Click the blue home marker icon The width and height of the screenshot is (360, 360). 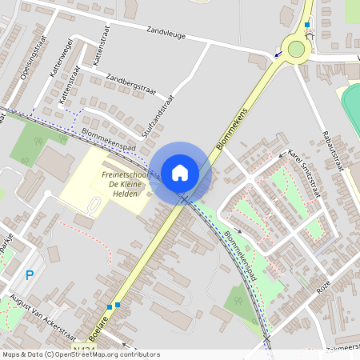pyautogui.click(x=180, y=172)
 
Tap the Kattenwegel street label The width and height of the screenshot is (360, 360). pyautogui.click(x=62, y=60)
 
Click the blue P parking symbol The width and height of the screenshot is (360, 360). pyautogui.click(x=30, y=275)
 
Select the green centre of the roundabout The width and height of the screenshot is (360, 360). pyautogui.click(x=297, y=50)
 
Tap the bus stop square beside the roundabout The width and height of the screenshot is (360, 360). pyautogui.click(x=307, y=26)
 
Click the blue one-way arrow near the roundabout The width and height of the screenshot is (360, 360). pyautogui.click(x=278, y=55)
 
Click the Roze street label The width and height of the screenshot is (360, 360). pyautogui.click(x=324, y=285)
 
